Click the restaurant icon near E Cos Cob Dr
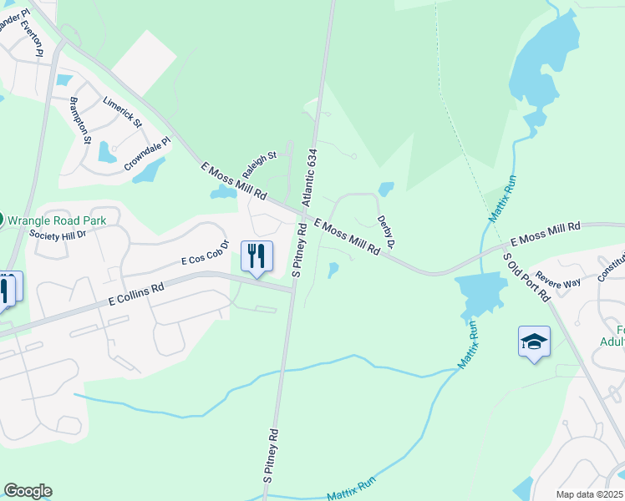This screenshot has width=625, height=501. pos(257,256)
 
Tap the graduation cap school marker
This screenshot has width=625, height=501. pos(534,342)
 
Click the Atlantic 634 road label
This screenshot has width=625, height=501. pos(310,178)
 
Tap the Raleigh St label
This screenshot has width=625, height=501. pos(259,164)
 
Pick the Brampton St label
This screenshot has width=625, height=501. pos(80,120)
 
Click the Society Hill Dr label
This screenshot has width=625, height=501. pos(58,235)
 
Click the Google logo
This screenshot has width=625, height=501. pos(28,491)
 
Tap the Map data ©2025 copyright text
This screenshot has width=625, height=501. pos(588,494)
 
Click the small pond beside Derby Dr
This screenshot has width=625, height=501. pos(386,189)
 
